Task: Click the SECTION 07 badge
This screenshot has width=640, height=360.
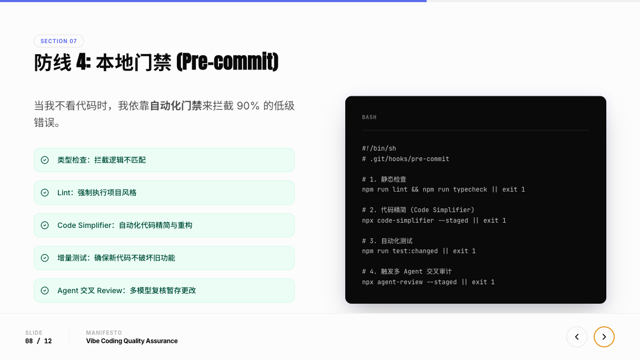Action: coord(58,41)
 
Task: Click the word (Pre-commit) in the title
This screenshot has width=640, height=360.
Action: coord(227,63)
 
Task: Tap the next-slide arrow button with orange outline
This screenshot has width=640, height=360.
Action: coord(604,337)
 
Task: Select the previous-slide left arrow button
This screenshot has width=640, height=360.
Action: coord(576,337)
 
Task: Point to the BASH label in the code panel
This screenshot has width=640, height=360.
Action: coord(369,117)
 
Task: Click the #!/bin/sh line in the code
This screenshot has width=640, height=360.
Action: coord(379,148)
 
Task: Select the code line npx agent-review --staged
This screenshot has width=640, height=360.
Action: coord(428,282)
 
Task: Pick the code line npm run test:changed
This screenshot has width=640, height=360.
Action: coord(418,251)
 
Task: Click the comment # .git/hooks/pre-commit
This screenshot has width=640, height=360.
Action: coord(405,159)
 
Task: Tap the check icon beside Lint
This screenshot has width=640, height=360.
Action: coord(45,193)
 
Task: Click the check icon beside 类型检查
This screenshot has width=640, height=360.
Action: coord(45,160)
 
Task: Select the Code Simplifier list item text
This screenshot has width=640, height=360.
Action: coord(125,225)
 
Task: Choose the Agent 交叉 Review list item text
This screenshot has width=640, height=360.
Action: coord(126,291)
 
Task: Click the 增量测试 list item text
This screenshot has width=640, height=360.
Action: coord(116,258)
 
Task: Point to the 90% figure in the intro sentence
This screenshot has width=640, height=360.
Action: coord(248,106)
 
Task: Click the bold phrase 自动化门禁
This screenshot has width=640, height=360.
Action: coord(176,106)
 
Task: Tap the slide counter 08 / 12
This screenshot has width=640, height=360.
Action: coord(38,341)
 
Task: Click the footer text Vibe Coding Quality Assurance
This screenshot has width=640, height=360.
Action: coord(132,341)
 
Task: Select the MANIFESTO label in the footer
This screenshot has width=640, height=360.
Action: coord(104,333)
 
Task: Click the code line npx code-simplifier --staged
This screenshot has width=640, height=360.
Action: coord(434,221)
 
